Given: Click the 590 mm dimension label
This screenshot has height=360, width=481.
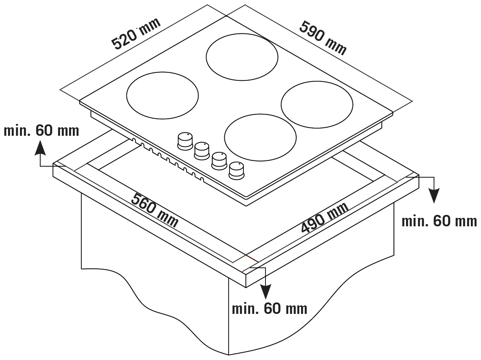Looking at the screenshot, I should [x=323, y=38].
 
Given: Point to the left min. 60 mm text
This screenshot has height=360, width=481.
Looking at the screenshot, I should [x=41, y=131].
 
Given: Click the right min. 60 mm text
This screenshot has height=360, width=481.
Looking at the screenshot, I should [x=439, y=221].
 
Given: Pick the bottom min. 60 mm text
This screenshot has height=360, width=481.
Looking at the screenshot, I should [x=270, y=308].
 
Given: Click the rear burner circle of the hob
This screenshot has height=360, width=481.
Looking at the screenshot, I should [x=242, y=57].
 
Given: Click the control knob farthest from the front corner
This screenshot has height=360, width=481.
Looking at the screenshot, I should [x=185, y=140].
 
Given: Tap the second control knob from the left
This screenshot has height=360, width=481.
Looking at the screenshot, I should [x=202, y=150].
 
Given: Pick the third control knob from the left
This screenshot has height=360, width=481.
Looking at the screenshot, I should [x=219, y=160].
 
